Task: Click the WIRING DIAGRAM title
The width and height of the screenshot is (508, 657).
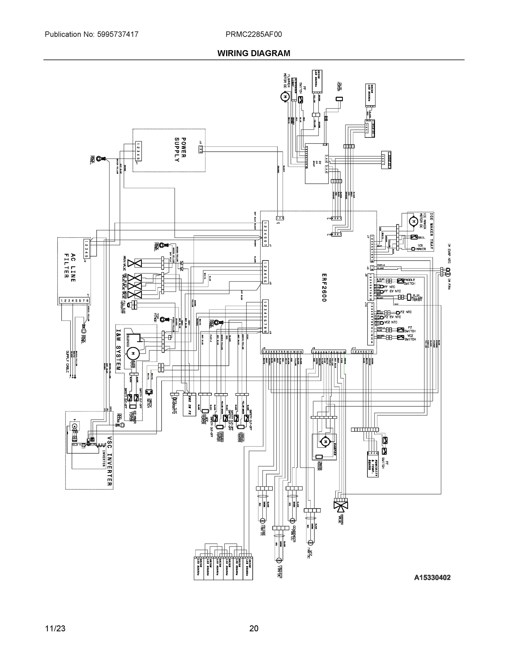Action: point(254,53)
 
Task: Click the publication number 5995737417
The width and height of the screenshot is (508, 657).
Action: point(118,34)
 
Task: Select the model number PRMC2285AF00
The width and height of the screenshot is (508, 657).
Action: point(254,34)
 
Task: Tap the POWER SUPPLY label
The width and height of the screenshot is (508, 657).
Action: point(180,149)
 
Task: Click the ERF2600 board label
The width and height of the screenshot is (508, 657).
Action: point(324,288)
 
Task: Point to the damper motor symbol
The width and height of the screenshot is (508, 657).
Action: point(325,442)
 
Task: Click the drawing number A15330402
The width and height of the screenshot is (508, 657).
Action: point(432,577)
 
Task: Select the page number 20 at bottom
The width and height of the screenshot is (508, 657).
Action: point(254,629)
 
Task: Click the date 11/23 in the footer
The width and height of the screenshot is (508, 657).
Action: point(55,629)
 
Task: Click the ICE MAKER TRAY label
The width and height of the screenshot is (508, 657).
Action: point(431,232)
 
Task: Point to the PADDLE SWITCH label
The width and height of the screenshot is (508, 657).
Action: point(409,282)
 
